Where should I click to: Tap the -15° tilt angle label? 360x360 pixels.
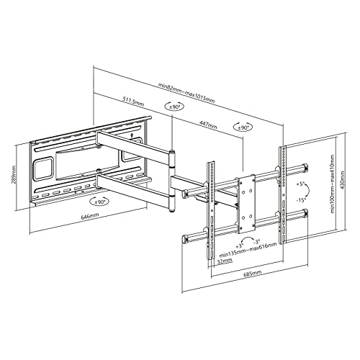tap(300, 199)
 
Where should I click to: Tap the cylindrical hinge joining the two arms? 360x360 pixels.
tap(173, 180)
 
